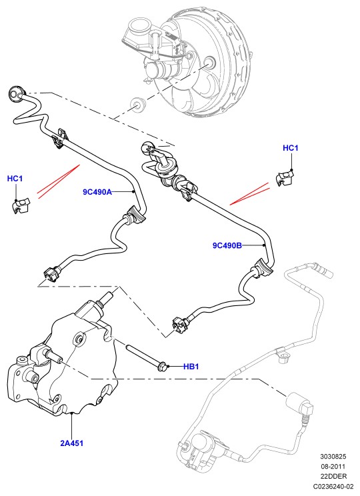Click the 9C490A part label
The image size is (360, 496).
click(x=97, y=192)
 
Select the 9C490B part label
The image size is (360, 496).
click(x=227, y=245)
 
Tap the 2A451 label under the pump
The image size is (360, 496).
click(x=72, y=443)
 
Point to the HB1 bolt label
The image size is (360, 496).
click(x=191, y=367)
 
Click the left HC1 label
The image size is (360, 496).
click(x=15, y=179)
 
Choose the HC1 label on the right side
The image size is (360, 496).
click(x=291, y=148)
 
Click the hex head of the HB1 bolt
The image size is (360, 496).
click(x=161, y=367)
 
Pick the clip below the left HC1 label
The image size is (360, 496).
click(x=21, y=206)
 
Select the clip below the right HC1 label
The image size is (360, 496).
click(x=286, y=178)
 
